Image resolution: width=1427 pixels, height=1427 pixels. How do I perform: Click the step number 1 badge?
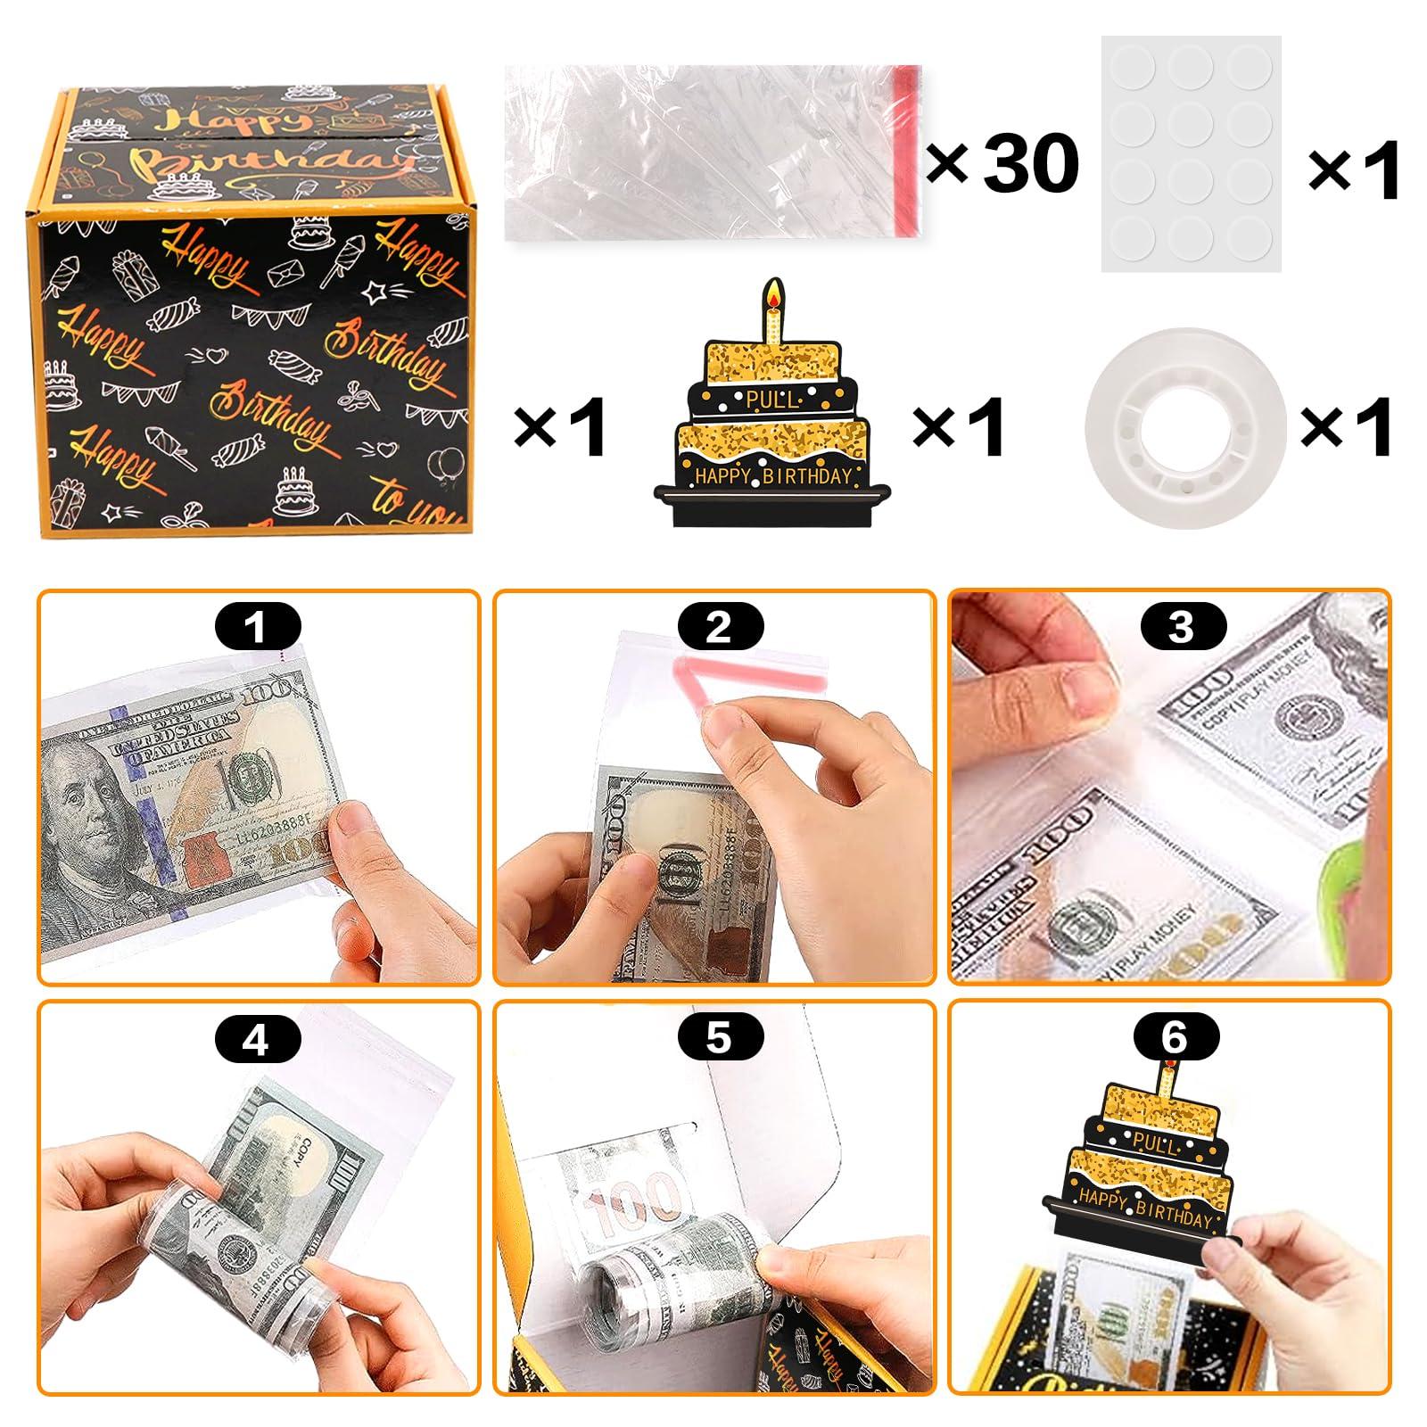click(x=257, y=626)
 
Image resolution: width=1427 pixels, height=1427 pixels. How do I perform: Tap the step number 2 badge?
click(x=720, y=626)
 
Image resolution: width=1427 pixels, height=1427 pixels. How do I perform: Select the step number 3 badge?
click(x=1181, y=626)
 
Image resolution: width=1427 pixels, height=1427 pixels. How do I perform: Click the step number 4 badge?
click(x=257, y=1039)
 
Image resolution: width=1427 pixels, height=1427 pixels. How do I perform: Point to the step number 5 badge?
click(x=720, y=1039)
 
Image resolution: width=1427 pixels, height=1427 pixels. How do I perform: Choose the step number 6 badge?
click(x=1175, y=1037)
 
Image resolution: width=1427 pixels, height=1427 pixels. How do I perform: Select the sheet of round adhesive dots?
click(x=1191, y=153)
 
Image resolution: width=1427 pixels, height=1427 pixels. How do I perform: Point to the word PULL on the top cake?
click(x=773, y=399)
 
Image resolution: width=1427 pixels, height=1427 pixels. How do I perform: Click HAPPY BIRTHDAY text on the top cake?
click(x=773, y=475)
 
